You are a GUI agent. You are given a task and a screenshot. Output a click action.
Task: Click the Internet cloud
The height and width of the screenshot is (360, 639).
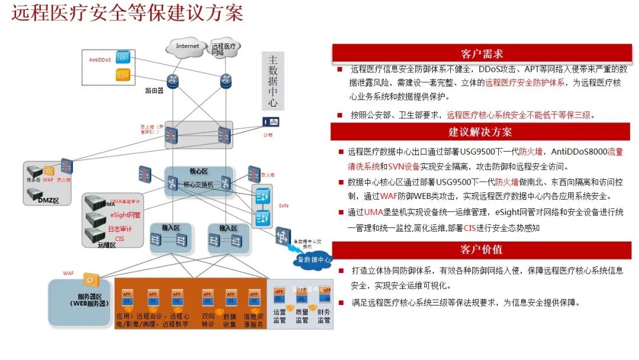(188, 46)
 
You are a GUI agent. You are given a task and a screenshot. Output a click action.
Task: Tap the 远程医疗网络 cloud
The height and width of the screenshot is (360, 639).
(223, 49)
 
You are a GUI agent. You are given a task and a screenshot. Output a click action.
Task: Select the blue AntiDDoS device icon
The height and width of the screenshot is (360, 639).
(123, 57)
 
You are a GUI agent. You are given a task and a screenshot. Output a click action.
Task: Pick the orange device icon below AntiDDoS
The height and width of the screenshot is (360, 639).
(123, 75)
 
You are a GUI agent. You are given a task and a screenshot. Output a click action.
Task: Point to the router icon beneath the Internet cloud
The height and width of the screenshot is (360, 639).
(173, 81)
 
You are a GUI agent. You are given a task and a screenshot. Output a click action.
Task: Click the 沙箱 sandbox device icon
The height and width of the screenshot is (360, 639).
(270, 121)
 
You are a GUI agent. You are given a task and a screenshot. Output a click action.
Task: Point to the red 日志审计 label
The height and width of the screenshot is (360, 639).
(120, 229)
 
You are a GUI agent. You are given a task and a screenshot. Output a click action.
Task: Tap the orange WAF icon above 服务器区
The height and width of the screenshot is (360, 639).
(89, 278)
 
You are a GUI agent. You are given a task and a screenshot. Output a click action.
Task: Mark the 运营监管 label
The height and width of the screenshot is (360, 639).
(279, 316)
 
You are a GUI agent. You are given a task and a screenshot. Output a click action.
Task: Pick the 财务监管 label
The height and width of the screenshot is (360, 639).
(324, 316)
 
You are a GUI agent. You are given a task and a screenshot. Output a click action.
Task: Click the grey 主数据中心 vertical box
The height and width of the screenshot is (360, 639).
(272, 81)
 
